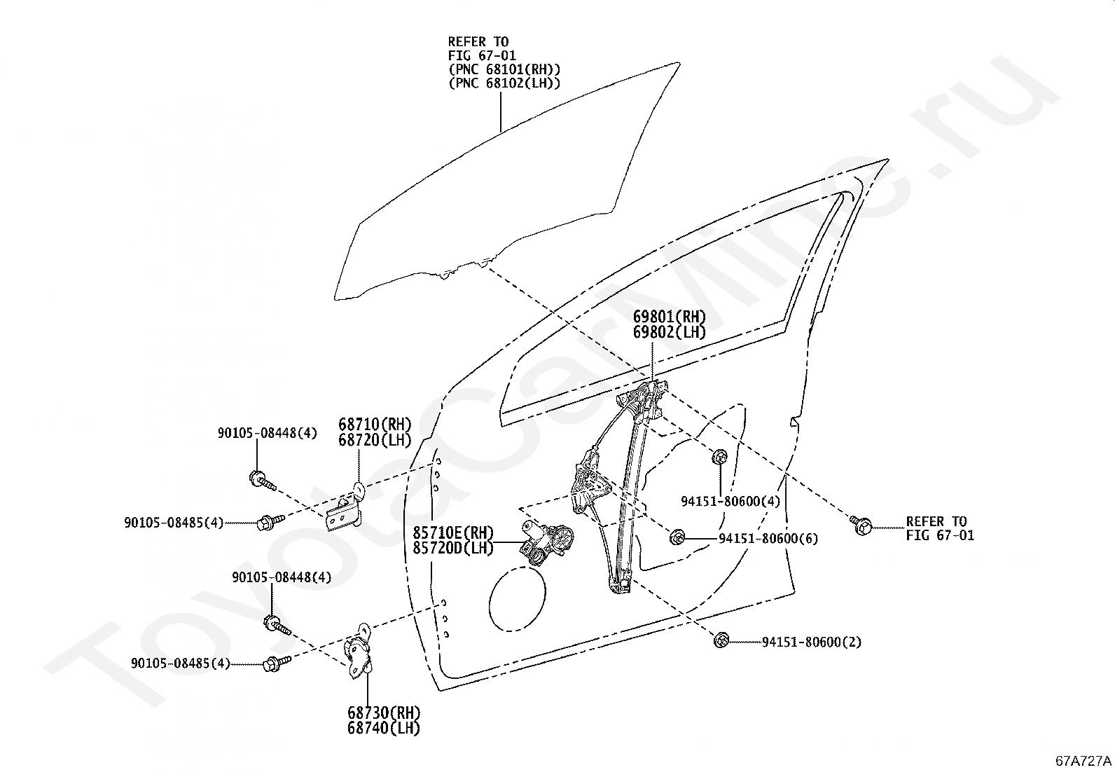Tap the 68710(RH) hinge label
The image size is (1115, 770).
tap(374, 425)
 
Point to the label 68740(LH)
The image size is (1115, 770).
tap(384, 728)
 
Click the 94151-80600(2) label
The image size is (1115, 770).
tap(811, 642)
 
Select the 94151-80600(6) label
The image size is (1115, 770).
tap(768, 539)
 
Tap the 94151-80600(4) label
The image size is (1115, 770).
tap(730, 502)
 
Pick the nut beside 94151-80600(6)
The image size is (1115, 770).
tap(677, 537)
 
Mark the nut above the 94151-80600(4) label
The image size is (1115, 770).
tap(719, 458)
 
